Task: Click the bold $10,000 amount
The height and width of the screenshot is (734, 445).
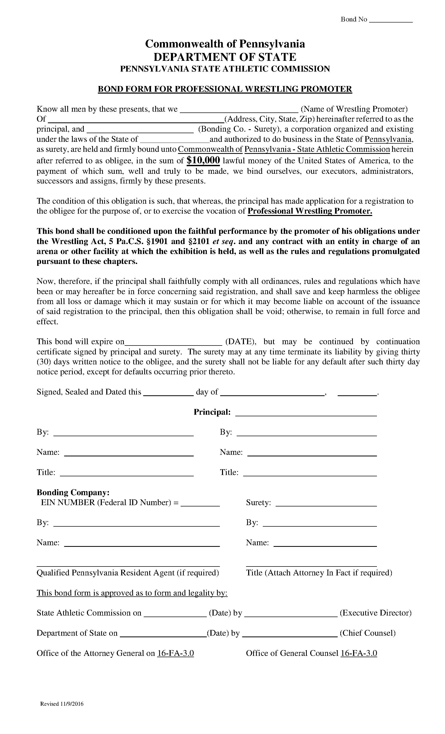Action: (203, 160)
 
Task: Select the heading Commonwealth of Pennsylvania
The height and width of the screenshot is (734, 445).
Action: (225, 44)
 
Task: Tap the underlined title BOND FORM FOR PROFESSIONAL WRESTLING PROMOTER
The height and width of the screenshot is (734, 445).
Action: (225, 89)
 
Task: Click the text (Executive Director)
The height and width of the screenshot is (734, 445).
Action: (375, 613)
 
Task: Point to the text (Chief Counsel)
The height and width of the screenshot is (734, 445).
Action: (367, 633)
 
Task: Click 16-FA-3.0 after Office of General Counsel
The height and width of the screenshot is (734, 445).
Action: (359, 653)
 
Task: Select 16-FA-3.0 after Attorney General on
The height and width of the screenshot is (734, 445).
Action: (175, 653)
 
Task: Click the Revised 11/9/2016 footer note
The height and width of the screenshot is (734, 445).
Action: (62, 704)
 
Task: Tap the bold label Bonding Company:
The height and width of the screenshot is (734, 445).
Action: (73, 492)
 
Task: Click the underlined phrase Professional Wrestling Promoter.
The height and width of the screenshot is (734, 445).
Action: (310, 211)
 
